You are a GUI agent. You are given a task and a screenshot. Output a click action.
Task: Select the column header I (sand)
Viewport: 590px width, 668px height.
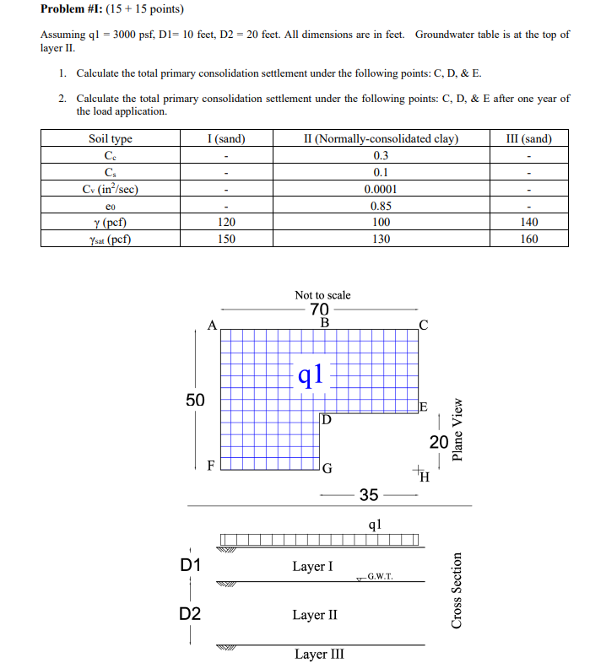pyautogui.click(x=225, y=139)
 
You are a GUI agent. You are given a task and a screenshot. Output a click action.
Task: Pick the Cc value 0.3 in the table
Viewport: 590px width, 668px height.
pyautogui.click(x=380, y=156)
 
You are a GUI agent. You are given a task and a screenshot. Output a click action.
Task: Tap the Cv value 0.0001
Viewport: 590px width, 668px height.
pyautogui.click(x=380, y=189)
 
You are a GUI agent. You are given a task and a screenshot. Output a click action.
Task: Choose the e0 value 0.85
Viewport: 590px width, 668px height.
pyautogui.click(x=380, y=205)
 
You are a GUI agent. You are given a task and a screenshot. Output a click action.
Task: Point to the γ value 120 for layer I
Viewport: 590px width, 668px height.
pyautogui.click(x=225, y=222)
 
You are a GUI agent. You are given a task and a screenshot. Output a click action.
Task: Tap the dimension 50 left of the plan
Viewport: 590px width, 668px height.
pyautogui.click(x=195, y=399)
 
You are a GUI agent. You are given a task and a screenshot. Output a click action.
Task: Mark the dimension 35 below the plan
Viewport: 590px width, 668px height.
pyautogui.click(x=369, y=494)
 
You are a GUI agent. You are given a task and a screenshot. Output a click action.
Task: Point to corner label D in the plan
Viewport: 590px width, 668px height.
pyautogui.click(x=327, y=419)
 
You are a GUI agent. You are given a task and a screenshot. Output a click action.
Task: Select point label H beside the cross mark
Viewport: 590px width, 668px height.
pyautogui.click(x=425, y=479)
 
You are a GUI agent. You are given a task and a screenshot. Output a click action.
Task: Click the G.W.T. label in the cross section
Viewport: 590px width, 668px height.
pyautogui.click(x=381, y=577)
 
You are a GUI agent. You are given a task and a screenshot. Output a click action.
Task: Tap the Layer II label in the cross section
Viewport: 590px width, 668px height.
pyautogui.click(x=314, y=615)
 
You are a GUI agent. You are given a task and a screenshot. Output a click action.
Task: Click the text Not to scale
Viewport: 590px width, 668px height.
pyautogui.click(x=322, y=295)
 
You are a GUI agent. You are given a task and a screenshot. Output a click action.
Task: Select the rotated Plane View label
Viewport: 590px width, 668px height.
pyautogui.click(x=457, y=429)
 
